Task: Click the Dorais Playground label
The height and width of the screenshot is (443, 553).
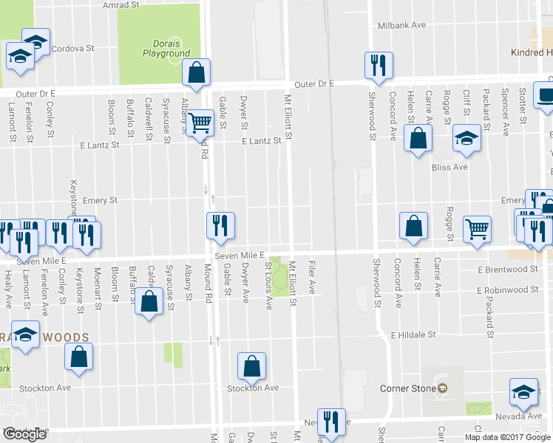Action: [x=166, y=48]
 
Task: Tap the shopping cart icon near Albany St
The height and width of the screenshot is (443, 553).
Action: [x=199, y=122]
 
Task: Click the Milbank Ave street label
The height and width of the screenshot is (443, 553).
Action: [x=401, y=25]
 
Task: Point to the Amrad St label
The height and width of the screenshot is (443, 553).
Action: [x=121, y=5]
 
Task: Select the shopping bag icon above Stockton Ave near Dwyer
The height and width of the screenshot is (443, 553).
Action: [x=251, y=365]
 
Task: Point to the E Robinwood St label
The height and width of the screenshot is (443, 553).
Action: [x=507, y=291]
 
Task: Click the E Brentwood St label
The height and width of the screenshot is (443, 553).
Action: [x=507, y=269]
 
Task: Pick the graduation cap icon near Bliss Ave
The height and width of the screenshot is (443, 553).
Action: [x=467, y=138]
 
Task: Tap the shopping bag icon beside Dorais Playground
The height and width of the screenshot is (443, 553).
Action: [x=196, y=72]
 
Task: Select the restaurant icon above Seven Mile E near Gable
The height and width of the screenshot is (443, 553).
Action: [x=220, y=225]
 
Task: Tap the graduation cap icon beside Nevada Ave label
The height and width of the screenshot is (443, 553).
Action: [x=524, y=391]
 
